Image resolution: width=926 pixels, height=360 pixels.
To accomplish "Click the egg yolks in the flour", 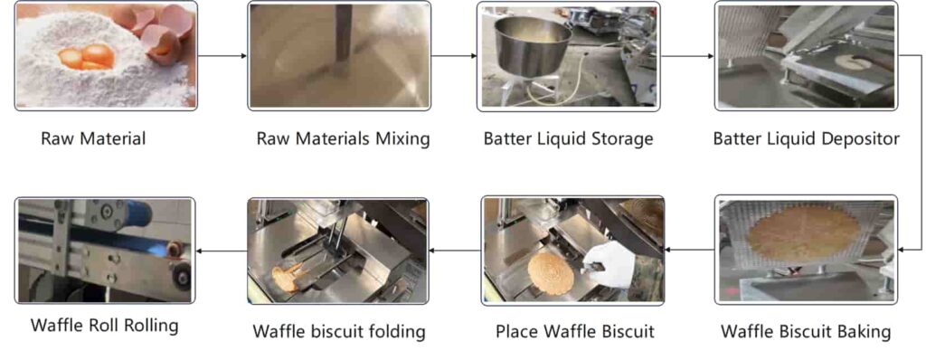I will pyautogui.click(x=87, y=57).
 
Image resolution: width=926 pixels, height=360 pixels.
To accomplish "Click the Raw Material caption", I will pyautogui.click(x=93, y=138).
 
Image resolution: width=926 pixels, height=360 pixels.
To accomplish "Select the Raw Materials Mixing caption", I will pyautogui.click(x=343, y=138).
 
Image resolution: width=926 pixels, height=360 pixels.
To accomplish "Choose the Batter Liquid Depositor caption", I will pyautogui.click(x=806, y=138).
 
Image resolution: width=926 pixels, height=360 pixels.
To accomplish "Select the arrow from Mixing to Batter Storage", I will pyautogui.click(x=453, y=56).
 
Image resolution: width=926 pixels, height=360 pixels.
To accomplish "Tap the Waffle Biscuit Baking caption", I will pyautogui.click(x=805, y=331).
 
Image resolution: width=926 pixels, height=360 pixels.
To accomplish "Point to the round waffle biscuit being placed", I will pyautogui.click(x=551, y=272).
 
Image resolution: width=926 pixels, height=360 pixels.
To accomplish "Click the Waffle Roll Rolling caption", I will pyautogui.click(x=104, y=326).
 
